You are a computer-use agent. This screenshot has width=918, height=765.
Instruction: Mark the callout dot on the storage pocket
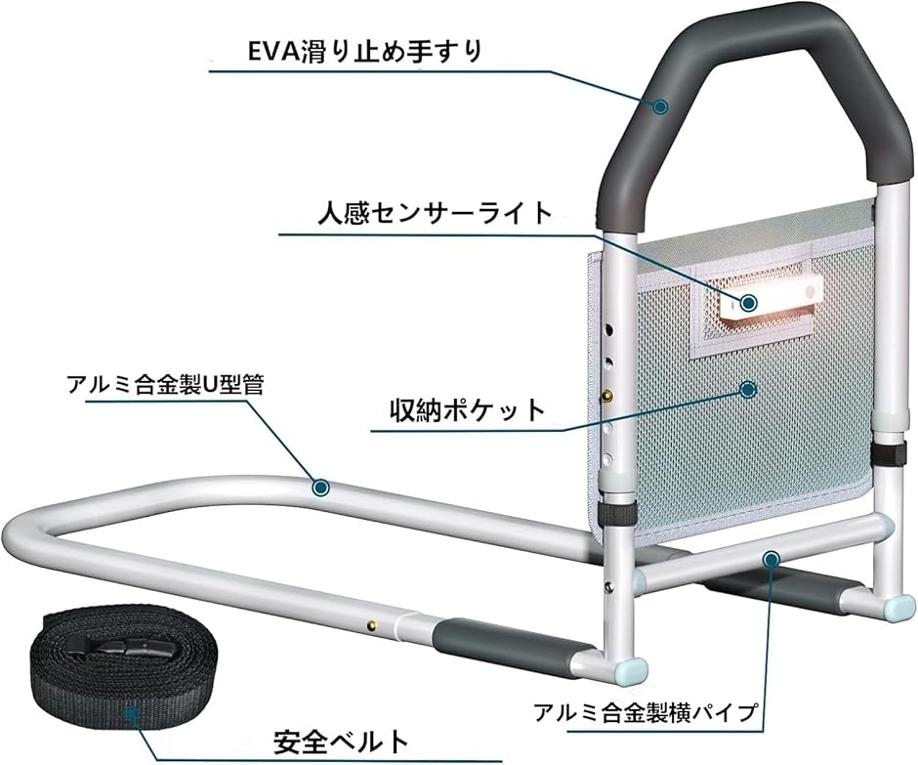coord(748,389)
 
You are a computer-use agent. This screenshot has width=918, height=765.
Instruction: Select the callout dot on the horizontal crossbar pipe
coord(772,559)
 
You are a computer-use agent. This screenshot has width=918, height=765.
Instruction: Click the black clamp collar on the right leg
coord(887,454)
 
